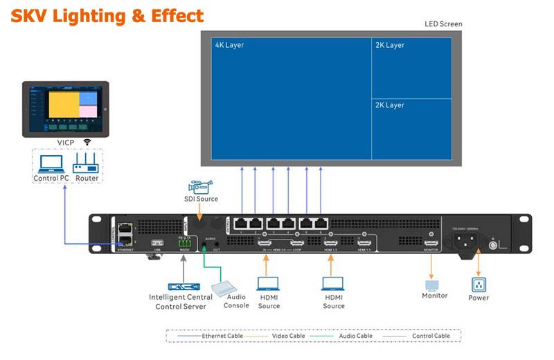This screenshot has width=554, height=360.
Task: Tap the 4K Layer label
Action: pyautogui.click(x=229, y=45)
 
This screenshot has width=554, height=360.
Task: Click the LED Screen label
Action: pyautogui.click(x=443, y=24)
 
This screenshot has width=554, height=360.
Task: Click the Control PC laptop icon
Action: pyautogui.click(x=51, y=163)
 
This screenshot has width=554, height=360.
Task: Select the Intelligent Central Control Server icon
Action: pyautogui.click(x=176, y=286)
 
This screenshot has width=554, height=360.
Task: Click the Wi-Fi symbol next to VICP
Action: pyautogui.click(x=87, y=142)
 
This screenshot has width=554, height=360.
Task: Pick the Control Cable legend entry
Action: pyautogui.click(x=422, y=336)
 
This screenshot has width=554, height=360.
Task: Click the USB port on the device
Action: pyautogui.click(x=157, y=243)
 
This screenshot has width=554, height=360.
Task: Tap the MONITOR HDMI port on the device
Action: pyautogui.click(x=431, y=243)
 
